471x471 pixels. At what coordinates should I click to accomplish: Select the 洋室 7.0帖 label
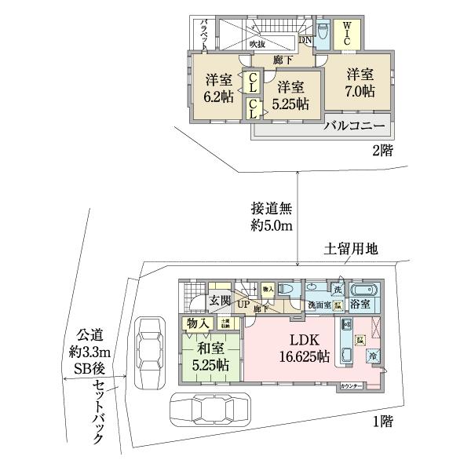(360, 82)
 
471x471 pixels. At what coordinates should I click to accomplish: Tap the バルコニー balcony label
(355, 126)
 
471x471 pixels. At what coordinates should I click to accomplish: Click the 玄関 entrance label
(220, 301)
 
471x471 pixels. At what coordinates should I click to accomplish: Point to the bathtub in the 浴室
(363, 289)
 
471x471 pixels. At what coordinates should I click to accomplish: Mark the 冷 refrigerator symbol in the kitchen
(374, 356)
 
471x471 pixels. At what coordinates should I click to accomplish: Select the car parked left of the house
(148, 354)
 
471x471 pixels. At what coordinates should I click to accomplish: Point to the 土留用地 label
(351, 250)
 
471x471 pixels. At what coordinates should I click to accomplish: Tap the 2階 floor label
(383, 148)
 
